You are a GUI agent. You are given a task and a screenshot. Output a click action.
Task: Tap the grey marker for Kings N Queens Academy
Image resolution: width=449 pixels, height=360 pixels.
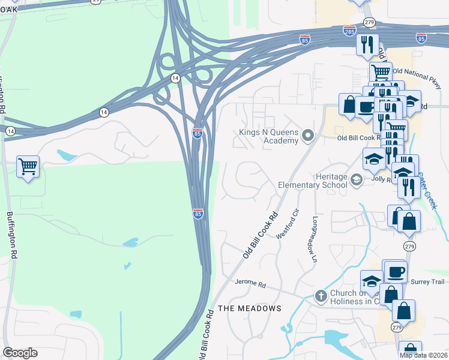(x=309, y=136)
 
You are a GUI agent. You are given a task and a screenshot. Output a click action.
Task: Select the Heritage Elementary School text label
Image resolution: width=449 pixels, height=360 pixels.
(x=313, y=181)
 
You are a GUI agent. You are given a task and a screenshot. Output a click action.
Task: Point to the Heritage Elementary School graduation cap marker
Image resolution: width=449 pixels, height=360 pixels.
(x=357, y=179)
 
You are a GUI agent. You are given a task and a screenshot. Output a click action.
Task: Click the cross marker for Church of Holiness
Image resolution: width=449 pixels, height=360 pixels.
(x=321, y=295)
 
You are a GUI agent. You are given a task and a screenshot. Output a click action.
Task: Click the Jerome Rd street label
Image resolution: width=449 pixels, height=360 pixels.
(x=250, y=283)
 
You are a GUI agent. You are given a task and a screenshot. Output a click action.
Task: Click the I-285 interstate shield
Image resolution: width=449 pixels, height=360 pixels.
(x=350, y=30)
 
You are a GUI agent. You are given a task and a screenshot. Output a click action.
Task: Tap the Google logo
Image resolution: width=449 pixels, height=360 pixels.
(x=20, y=353)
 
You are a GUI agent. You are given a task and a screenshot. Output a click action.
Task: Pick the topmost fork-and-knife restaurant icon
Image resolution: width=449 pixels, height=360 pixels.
(x=366, y=44)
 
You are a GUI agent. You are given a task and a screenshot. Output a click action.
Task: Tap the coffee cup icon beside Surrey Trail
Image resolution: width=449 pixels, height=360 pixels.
(x=396, y=271)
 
